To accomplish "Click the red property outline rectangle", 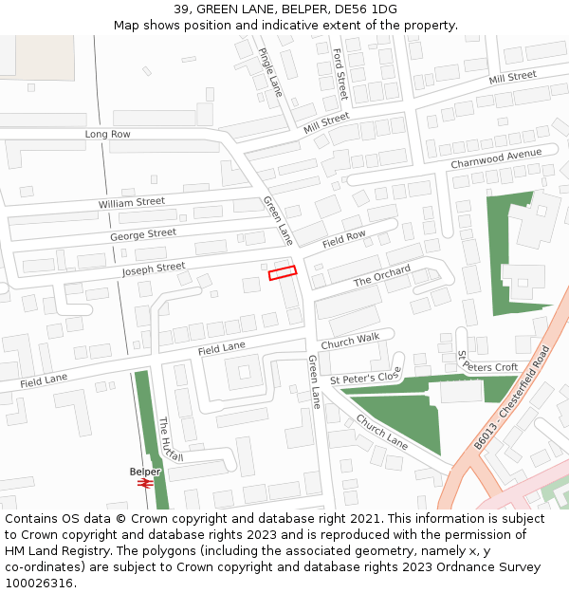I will click(x=283, y=272).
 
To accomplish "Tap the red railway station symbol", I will click(x=145, y=483).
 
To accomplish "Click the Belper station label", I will click(x=145, y=472).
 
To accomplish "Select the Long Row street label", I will click(x=108, y=135).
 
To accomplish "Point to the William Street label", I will click(x=132, y=203).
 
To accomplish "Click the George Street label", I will click(x=143, y=233).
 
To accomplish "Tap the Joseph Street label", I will click(x=154, y=269).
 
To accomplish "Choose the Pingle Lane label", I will click(x=271, y=72).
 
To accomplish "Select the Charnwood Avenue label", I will click(x=496, y=158).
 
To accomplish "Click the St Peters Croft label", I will click(x=488, y=363).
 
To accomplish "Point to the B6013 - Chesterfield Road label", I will click(x=512, y=398).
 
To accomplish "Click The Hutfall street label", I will click(x=172, y=439).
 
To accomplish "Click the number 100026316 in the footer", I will click(x=40, y=583).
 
